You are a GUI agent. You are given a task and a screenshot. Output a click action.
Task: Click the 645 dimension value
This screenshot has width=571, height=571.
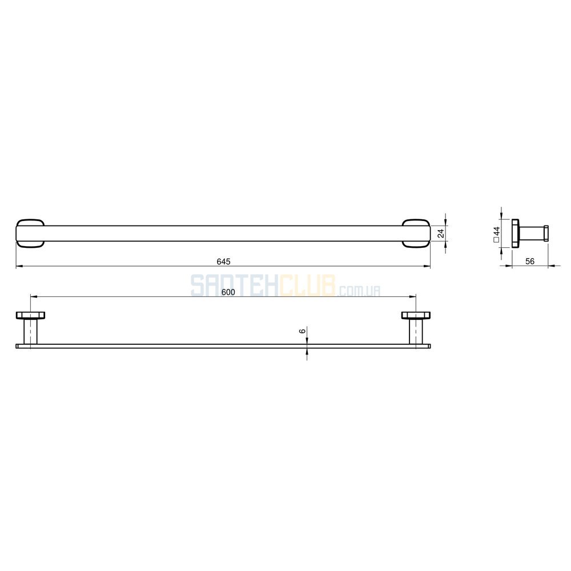(224, 262)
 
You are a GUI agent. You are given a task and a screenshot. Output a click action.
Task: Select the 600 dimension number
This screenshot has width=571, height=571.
(228, 292)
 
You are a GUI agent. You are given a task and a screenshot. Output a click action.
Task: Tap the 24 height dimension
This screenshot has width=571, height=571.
(441, 234)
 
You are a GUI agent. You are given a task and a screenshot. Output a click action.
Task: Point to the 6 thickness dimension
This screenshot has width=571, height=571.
(302, 331)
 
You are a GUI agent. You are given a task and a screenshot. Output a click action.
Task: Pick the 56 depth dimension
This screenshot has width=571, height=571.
(530, 261)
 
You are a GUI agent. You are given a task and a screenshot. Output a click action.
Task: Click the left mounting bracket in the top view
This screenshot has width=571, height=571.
(30, 234)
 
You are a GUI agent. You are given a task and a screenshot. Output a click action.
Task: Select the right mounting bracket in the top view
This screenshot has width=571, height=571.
(416, 234)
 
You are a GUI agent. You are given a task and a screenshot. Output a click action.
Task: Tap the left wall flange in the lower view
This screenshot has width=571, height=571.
(30, 315)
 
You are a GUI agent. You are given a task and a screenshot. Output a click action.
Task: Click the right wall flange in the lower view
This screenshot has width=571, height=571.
(416, 315)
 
